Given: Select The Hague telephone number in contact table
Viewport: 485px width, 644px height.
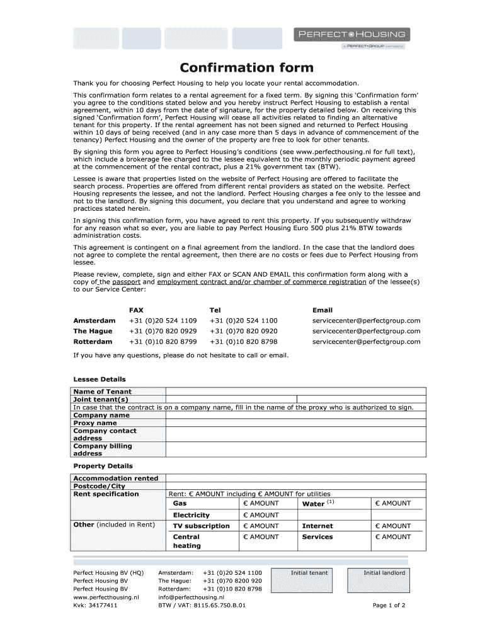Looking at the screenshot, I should tap(243, 331).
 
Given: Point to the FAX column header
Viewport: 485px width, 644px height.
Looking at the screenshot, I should tap(136, 310).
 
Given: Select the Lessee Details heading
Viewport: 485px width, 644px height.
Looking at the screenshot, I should tap(100, 379).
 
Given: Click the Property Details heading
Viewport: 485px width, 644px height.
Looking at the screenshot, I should tap(103, 466).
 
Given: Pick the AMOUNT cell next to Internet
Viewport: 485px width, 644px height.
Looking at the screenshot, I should tap(392, 526).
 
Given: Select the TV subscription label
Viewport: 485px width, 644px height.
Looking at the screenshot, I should tap(201, 526).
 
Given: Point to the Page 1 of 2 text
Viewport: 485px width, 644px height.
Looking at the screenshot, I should tap(389, 606).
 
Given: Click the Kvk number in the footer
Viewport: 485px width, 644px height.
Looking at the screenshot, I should tap(95, 606).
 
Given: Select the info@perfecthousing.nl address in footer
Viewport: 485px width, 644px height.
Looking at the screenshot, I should tap(191, 597).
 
